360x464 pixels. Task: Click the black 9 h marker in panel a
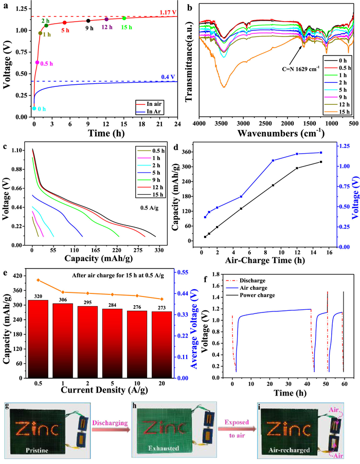[88, 21]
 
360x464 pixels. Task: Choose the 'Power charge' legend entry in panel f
[256, 296]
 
